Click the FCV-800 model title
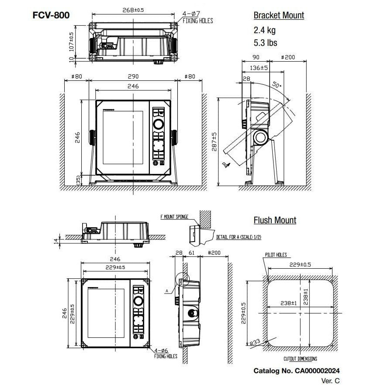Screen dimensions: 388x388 pos(51,15)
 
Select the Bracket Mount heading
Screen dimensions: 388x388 pos(279,15)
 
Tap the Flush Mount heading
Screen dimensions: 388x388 pos(275,220)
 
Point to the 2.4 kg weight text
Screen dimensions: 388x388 pos(265,31)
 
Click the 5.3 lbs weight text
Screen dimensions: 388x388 pos(265,43)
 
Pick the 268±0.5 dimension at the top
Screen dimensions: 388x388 pos(133,10)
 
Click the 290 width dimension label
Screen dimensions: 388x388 pos(133,76)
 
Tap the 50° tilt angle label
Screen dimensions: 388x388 pos(276,84)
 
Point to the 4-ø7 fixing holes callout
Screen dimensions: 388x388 pos(197,17)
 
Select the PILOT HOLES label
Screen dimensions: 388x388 pos(276,254)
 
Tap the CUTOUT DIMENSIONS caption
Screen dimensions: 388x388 pos(300,359)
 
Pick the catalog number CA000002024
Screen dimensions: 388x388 pos(297,371)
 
